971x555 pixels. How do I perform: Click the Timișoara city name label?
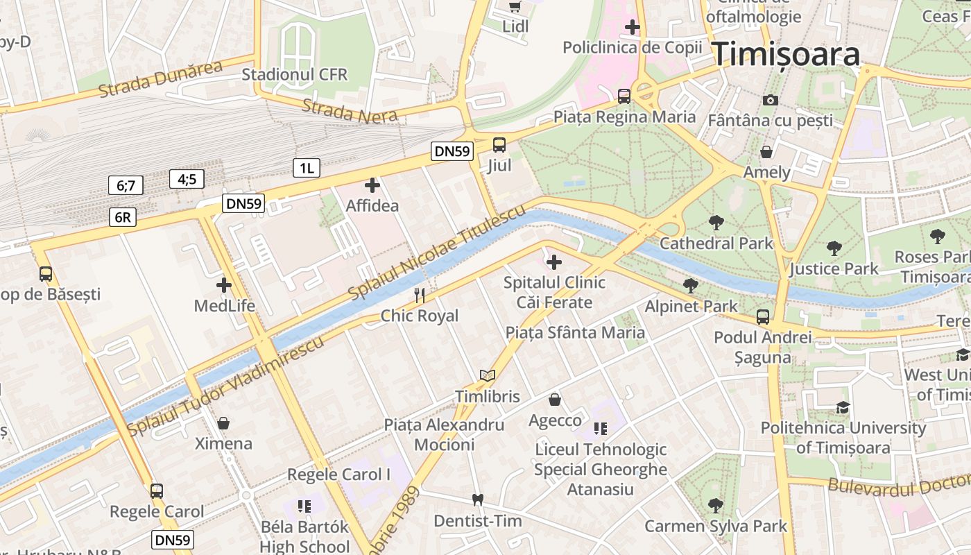787,53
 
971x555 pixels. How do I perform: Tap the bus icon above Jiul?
499,145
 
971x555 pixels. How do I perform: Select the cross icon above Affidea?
372,185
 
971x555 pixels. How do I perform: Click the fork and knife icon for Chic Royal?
420,296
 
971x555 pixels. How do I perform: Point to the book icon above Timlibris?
488,376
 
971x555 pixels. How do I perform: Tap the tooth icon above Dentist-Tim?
477,499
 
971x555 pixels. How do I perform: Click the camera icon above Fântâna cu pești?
770,100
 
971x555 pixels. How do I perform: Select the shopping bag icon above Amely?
766,151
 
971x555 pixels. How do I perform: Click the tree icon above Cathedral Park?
716,223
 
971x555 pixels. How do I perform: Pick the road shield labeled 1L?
306,167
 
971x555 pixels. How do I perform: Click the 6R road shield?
122,217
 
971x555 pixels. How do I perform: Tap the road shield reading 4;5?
187,179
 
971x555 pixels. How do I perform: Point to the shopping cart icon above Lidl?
515,6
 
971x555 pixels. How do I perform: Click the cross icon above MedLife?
224,285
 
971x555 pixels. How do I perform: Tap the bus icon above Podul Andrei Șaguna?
763,317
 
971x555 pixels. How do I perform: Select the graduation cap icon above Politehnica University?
843,407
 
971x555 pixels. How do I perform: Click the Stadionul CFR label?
295,74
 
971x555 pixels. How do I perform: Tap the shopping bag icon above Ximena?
223,422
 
